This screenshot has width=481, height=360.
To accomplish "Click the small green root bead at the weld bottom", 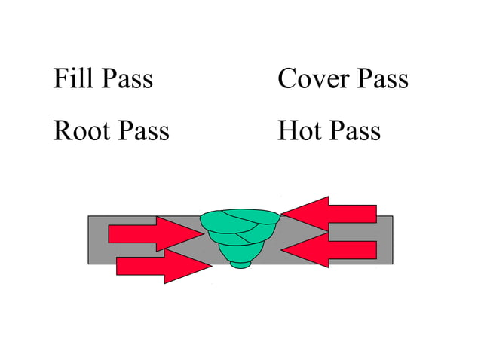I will coord(240,264).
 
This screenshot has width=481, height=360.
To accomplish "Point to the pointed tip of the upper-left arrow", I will coord(203,233).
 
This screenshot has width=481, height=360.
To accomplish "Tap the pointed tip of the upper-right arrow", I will coord(282,214).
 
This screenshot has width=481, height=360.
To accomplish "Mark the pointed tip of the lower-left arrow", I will coord(211,266).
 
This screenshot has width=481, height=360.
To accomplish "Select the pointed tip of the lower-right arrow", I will coord(281,250).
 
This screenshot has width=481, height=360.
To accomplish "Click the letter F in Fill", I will coord(60,78).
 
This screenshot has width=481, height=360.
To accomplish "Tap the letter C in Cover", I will coord(286,78).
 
